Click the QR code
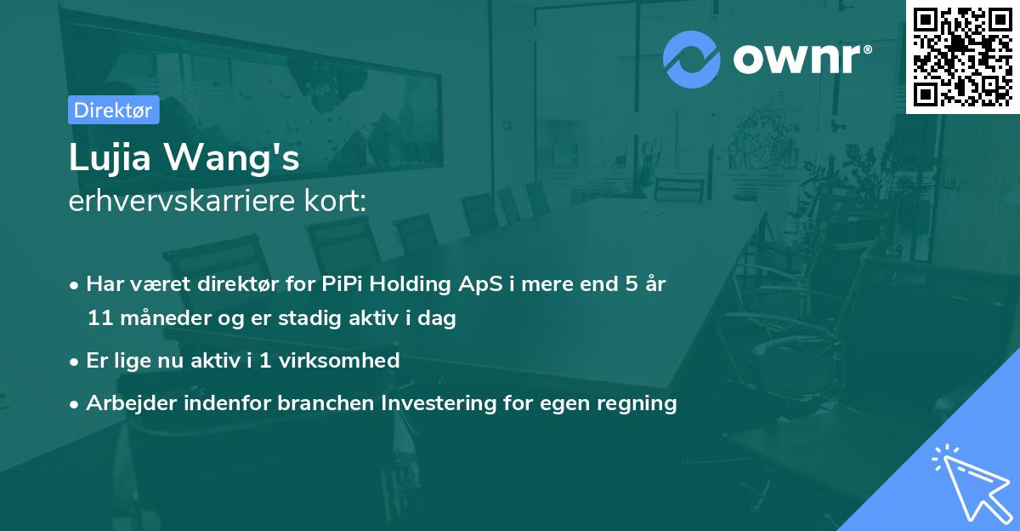pyautogui.click(x=962, y=56)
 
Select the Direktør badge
pyautogui.click(x=113, y=110)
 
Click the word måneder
pyautogui.click(x=157, y=319)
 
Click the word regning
pyautogui.click(x=637, y=404)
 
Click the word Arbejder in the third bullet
pyautogui.click(x=126, y=403)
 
